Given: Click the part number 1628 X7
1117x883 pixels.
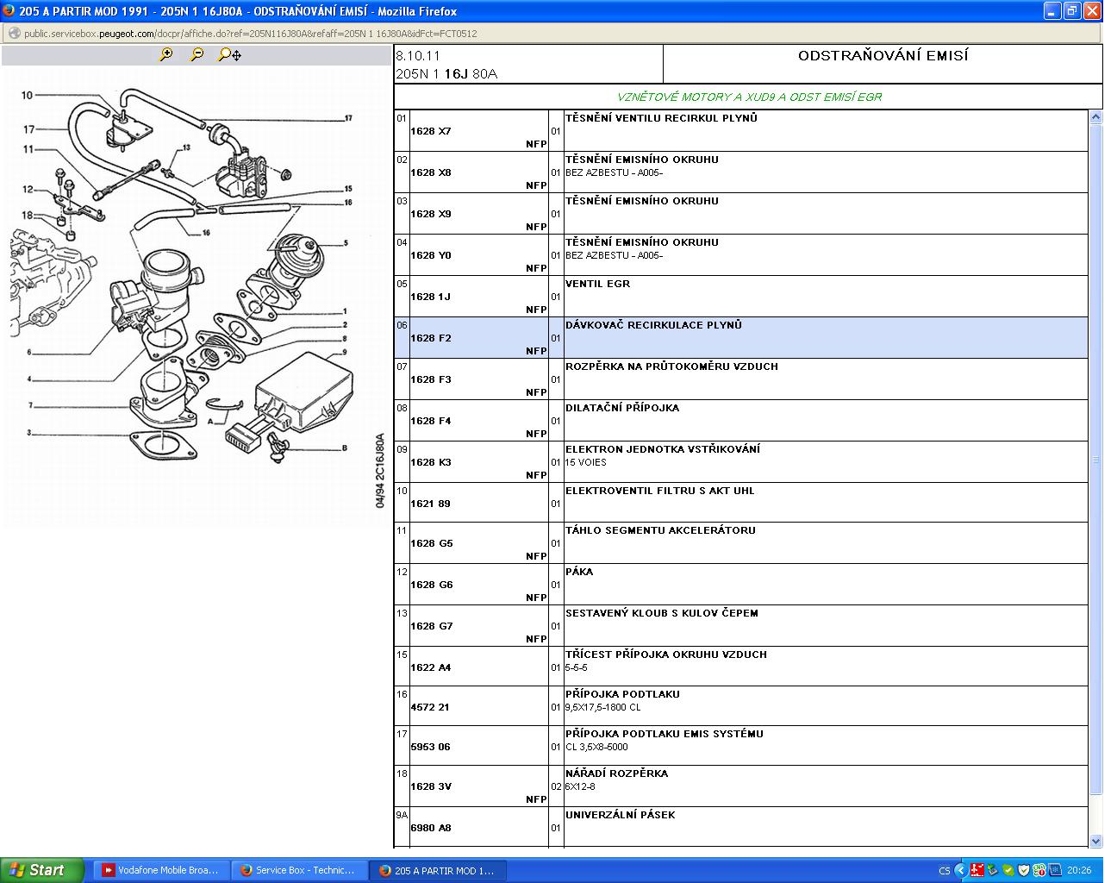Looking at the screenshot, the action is click(430, 131).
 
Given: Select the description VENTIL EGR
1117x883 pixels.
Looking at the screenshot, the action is click(597, 284).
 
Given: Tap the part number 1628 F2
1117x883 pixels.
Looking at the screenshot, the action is click(430, 338).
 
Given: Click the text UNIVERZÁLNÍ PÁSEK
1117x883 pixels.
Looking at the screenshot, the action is click(621, 814).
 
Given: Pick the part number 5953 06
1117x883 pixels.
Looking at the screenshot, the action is click(430, 747).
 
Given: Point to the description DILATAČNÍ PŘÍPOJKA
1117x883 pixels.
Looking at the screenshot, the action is click(622, 408).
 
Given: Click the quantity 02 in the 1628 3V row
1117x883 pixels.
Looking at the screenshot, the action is click(556, 786).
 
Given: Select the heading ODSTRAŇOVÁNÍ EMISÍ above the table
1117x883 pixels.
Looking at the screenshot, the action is click(883, 55).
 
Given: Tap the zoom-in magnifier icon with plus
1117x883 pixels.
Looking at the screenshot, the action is click(166, 54).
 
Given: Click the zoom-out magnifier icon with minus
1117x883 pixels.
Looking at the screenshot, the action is click(197, 54).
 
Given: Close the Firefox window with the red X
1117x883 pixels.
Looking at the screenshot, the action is click(1093, 11).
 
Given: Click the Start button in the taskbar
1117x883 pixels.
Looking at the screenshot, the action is click(41, 870).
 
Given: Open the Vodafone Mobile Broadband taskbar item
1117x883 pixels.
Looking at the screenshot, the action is click(160, 870).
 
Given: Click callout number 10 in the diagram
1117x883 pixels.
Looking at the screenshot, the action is click(27, 95).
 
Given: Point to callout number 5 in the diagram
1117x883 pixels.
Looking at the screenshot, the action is click(346, 242).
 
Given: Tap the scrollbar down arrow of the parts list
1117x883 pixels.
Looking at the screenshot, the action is click(1095, 841).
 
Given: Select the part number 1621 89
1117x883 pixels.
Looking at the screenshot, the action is click(430, 504).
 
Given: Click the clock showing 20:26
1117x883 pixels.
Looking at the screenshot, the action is click(1078, 870).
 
